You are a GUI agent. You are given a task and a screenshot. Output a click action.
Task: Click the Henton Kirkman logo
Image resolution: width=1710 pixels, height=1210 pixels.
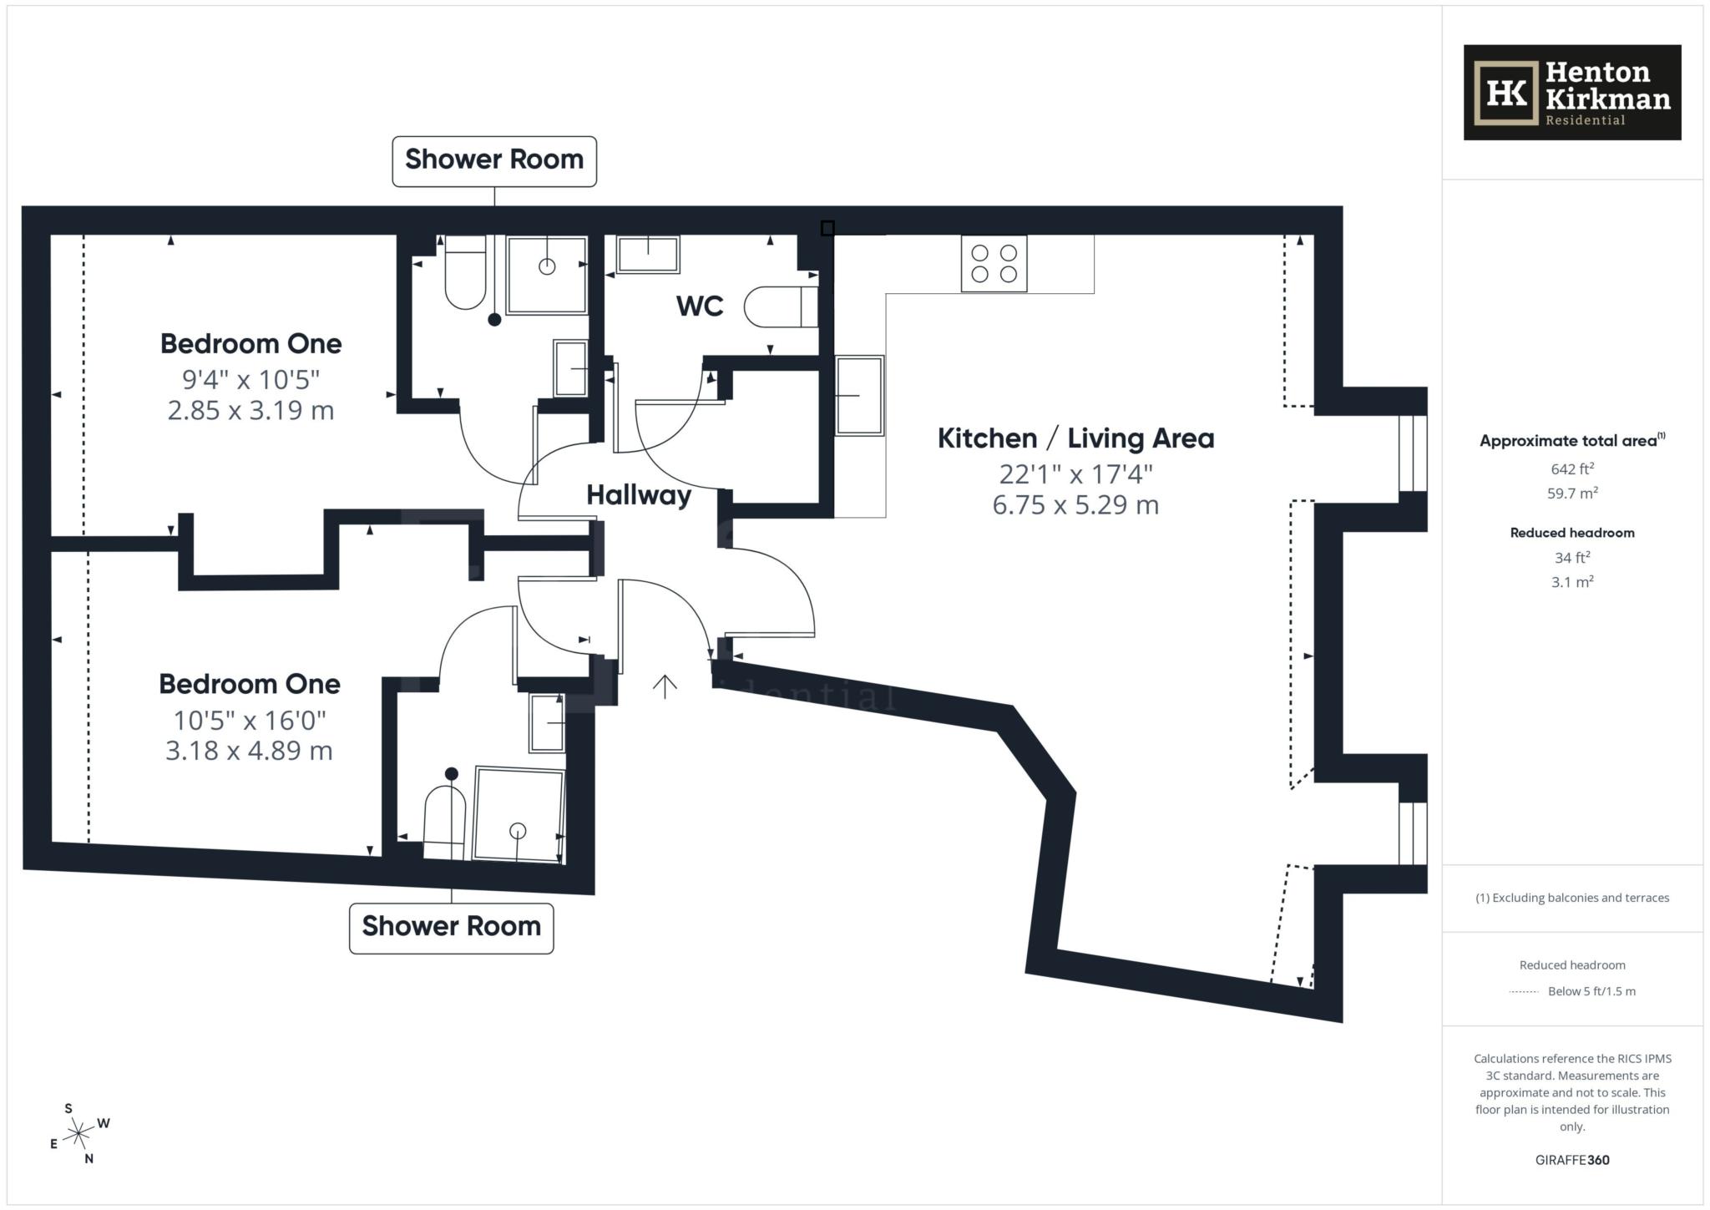[1571, 93]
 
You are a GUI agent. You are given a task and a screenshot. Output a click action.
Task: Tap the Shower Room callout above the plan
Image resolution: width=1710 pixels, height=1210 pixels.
[494, 160]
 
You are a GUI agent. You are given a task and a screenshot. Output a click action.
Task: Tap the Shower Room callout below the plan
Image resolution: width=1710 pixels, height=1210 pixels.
[451, 927]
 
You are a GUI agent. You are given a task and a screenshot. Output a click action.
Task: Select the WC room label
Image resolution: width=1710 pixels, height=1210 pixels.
[700, 306]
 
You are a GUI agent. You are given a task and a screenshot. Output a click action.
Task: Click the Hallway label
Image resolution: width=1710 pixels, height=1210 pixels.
[639, 495]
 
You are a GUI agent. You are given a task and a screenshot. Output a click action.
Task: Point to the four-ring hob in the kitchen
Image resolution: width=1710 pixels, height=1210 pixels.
[994, 264]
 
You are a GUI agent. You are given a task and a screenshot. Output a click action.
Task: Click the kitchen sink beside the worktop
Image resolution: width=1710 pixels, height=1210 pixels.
[859, 396]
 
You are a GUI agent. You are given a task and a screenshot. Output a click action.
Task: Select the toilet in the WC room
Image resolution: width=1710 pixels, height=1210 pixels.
[780, 307]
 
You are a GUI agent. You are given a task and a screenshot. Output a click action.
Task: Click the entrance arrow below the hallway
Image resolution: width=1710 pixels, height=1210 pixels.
[665, 686]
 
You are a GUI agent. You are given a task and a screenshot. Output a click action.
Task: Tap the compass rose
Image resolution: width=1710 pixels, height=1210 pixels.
[78, 1133]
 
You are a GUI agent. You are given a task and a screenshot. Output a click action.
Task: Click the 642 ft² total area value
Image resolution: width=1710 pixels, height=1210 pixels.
[1572, 469]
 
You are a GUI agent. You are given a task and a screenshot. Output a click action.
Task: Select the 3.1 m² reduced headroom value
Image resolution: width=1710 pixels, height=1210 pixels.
[1572, 582]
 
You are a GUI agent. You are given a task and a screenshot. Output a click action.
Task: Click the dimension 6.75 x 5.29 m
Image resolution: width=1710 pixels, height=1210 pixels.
[1075, 505]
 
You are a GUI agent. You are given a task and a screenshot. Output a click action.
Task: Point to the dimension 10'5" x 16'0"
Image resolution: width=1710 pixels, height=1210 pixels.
[250, 719]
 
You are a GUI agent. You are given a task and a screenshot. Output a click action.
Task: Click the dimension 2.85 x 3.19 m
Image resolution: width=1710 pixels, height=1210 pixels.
[250, 411]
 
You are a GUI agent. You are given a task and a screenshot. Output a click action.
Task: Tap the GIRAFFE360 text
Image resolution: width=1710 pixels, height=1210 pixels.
[1571, 1160]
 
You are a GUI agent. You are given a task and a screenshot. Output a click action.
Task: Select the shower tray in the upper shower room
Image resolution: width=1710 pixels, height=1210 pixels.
[547, 275]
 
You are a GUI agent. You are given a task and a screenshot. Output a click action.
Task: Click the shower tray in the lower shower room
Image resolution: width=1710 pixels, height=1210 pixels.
[519, 813]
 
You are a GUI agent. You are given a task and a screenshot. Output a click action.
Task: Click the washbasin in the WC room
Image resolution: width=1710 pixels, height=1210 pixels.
[648, 255]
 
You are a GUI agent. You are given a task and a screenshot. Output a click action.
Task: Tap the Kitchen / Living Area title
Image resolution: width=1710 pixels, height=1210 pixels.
[1075, 438]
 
